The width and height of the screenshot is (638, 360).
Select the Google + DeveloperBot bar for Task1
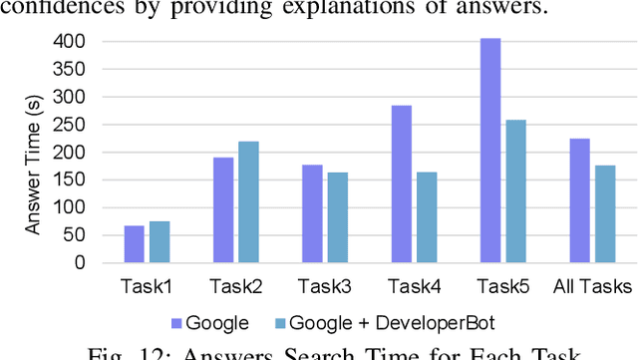coord(159,242)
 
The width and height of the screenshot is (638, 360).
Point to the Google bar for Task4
coord(401,184)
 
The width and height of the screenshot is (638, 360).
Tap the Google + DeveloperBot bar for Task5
coord(515,191)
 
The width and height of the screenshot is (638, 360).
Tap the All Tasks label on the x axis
coord(592,287)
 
